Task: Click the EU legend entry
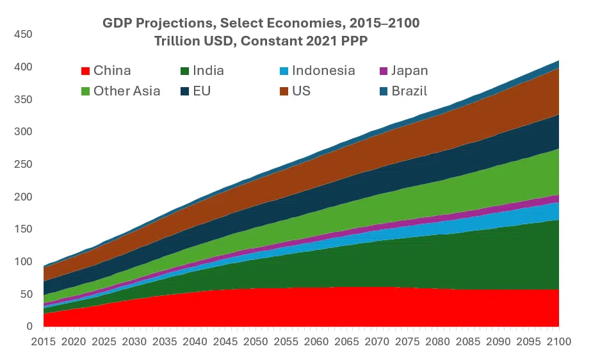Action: click(201, 91)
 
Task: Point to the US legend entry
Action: click(301, 91)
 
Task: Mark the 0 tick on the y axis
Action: click(29, 327)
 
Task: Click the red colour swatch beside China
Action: click(84, 71)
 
